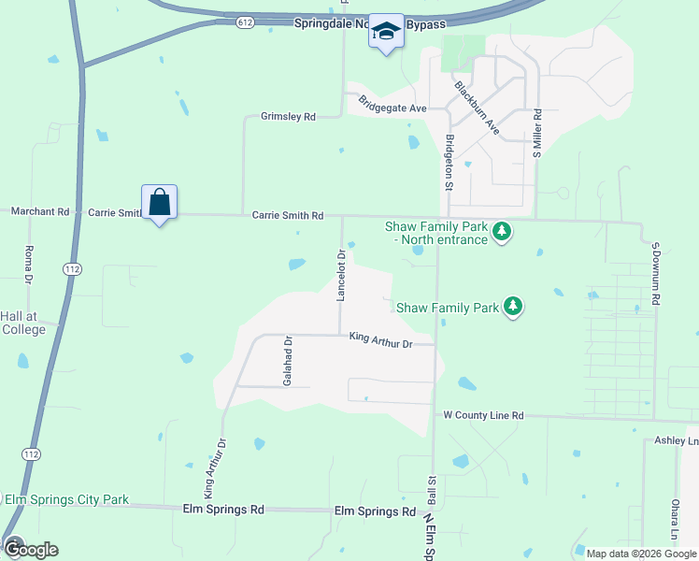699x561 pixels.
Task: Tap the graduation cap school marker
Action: [x=385, y=32]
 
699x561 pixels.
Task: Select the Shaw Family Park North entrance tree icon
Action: [x=502, y=230]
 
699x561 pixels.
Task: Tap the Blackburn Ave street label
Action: [x=478, y=109]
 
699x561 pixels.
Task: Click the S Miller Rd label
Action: [x=538, y=133]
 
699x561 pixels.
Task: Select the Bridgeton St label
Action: [x=449, y=162]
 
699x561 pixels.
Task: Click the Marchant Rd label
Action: [x=40, y=212]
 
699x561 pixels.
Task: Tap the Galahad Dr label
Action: [x=289, y=361]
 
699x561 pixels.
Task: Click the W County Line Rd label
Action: [x=483, y=414]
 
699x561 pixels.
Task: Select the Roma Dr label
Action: [x=28, y=265]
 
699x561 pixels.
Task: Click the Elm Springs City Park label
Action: [x=66, y=500]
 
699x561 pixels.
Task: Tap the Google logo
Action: [x=30, y=549]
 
